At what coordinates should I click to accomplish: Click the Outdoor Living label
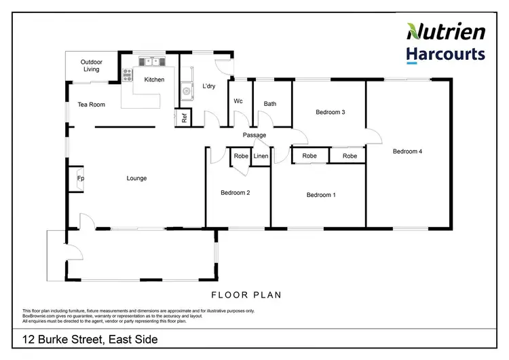pyautogui.click(x=91, y=65)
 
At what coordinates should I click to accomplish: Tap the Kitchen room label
pyautogui.click(x=154, y=80)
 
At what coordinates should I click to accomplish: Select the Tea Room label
pyautogui.click(x=92, y=105)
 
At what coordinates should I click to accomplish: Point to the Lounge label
pyautogui.click(x=136, y=179)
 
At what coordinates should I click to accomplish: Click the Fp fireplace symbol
pyautogui.click(x=80, y=179)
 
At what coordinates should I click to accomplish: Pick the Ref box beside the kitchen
pyautogui.click(x=184, y=117)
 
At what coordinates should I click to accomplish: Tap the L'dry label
pyautogui.click(x=209, y=86)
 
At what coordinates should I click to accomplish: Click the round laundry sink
pyautogui.click(x=185, y=90)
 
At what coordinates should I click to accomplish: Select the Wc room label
pyautogui.click(x=238, y=101)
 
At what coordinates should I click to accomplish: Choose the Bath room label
pyautogui.click(x=270, y=104)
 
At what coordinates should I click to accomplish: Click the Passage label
pyautogui.click(x=254, y=135)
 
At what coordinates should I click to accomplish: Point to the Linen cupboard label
pyautogui.click(x=261, y=156)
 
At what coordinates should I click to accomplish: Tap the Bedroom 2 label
pyautogui.click(x=235, y=193)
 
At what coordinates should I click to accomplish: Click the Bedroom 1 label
pyautogui.click(x=321, y=195)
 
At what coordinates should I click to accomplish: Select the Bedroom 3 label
pyautogui.click(x=331, y=112)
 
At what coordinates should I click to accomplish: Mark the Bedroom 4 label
pyautogui.click(x=408, y=151)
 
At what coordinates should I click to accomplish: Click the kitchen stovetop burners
pyautogui.click(x=127, y=74)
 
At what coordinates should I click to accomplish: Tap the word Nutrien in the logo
pyautogui.click(x=446, y=31)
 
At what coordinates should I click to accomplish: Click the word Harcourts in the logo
pyautogui.click(x=446, y=54)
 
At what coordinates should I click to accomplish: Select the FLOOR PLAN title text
pyautogui.click(x=246, y=295)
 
